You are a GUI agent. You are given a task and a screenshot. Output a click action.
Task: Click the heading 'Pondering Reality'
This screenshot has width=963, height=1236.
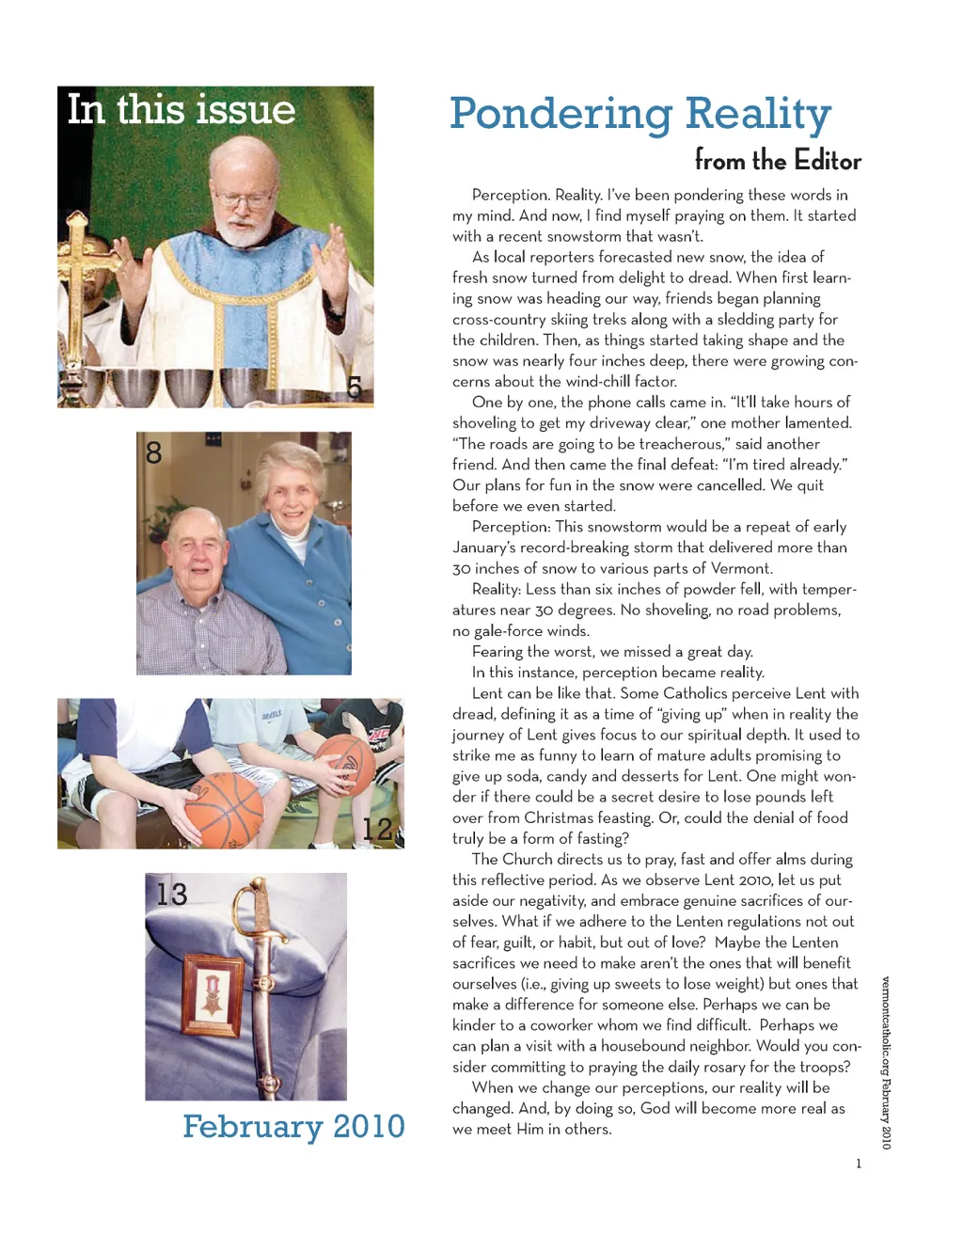click(640, 114)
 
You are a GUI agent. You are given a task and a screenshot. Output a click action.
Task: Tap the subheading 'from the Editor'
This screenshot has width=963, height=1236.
click(778, 161)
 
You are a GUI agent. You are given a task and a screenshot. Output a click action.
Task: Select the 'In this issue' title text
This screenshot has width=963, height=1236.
click(181, 110)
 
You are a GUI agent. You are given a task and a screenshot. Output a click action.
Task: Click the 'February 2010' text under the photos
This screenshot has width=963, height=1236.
click(293, 1126)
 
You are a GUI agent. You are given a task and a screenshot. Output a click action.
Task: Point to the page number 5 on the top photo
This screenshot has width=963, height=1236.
click(354, 387)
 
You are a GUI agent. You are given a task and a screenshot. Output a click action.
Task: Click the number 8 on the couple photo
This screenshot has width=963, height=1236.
click(154, 453)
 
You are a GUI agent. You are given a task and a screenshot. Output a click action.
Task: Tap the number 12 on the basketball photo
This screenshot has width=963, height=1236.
click(377, 829)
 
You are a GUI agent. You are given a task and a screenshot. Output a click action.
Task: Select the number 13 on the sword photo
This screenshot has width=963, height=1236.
click(172, 894)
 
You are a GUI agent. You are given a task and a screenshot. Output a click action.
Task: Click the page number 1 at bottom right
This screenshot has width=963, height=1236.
click(858, 1164)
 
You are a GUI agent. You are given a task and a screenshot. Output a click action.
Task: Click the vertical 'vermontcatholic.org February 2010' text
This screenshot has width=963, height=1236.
click(886, 1063)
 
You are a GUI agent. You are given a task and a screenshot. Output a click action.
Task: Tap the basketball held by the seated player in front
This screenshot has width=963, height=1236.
click(224, 810)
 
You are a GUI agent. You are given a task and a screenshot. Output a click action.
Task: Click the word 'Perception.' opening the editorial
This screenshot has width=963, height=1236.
click(511, 195)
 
